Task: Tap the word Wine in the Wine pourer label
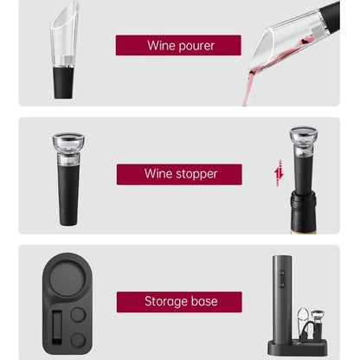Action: tap(161, 45)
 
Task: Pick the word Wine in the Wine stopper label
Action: tap(160, 174)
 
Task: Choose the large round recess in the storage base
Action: tap(69, 286)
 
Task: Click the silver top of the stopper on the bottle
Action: tap(303, 137)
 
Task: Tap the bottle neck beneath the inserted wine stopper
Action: tap(303, 212)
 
